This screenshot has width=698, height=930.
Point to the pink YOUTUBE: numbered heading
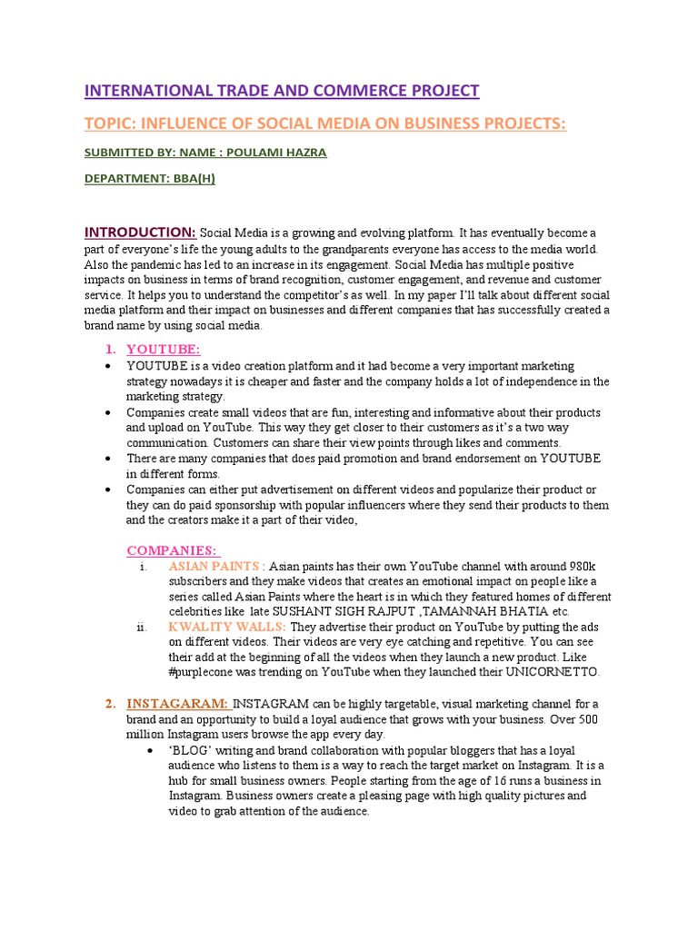click(163, 349)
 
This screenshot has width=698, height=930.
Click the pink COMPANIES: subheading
click(172, 550)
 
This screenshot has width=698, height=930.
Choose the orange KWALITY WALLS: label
click(227, 627)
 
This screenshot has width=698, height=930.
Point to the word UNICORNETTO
click(545, 673)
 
